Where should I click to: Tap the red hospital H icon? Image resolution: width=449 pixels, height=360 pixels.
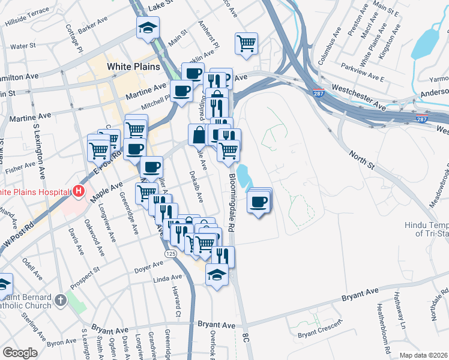tap(78, 192)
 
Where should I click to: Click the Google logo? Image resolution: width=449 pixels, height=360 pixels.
tap(20, 353)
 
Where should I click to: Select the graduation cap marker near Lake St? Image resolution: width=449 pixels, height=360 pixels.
tap(147, 28)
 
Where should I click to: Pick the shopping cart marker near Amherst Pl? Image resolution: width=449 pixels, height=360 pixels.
tap(246, 43)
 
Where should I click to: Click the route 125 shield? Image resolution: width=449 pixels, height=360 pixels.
tap(170, 255)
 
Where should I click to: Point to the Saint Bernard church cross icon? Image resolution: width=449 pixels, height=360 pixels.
tap(61, 299)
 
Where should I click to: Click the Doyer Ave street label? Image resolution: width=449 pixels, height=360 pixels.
tap(146, 268)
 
